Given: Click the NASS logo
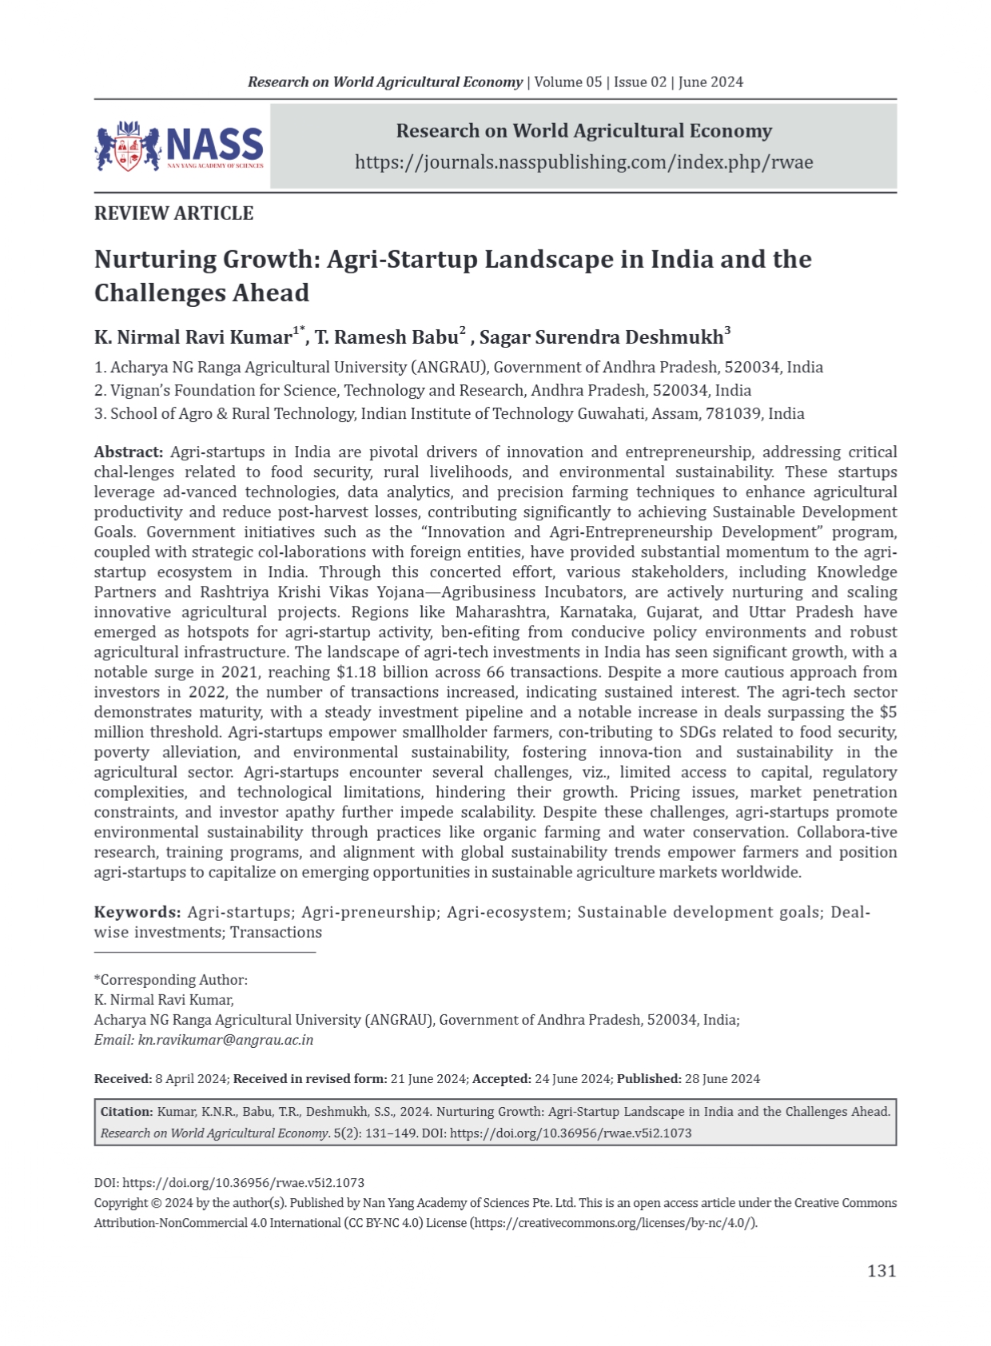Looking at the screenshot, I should point(179,146).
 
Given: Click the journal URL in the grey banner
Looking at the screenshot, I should point(583,162).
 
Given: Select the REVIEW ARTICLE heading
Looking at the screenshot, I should point(173,213).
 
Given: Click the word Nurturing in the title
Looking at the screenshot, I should point(155,260).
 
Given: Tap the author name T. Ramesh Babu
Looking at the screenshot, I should point(387,337).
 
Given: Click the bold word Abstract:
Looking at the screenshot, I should point(129,452).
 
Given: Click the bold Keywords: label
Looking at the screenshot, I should point(137,913).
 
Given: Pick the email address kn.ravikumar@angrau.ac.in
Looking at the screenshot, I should point(225,1040).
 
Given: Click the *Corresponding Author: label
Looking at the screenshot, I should point(171,980).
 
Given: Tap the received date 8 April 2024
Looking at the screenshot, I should point(192,1079).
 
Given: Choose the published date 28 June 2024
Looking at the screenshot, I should point(722,1079).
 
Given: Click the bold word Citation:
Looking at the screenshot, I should point(126,1112).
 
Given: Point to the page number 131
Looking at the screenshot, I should point(882,1271).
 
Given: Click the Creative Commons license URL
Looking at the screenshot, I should point(613,1223).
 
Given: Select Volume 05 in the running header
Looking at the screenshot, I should point(568,82).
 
